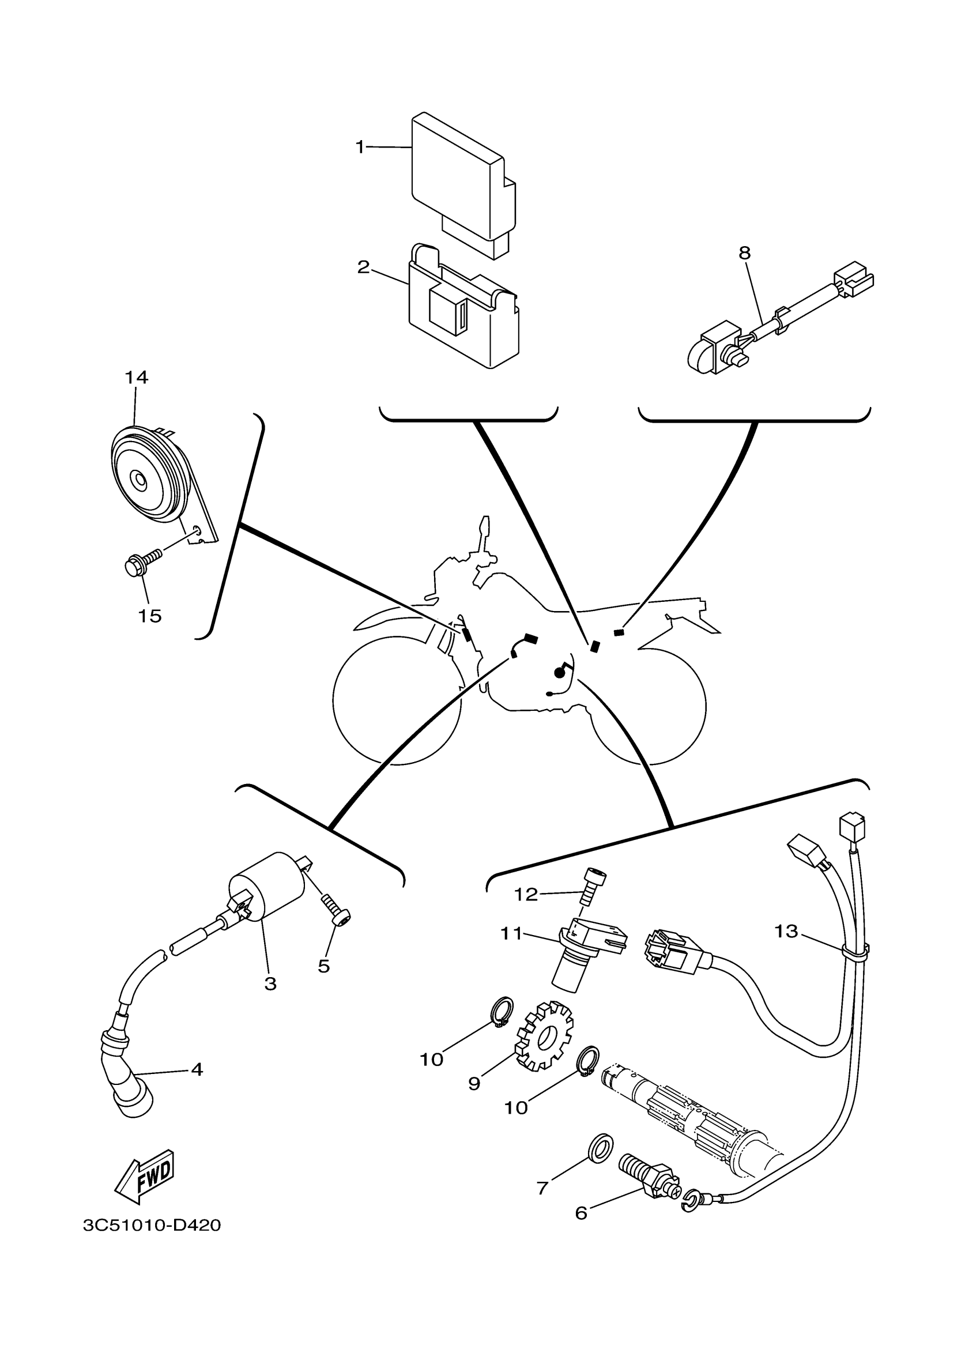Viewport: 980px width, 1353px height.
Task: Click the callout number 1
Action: click(x=360, y=147)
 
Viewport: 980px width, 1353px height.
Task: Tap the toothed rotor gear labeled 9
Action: click(x=544, y=1039)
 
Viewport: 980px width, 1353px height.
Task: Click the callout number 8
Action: click(x=744, y=253)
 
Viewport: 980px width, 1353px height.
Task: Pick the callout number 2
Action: click(x=363, y=267)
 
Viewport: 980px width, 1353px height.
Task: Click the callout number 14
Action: click(x=136, y=377)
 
